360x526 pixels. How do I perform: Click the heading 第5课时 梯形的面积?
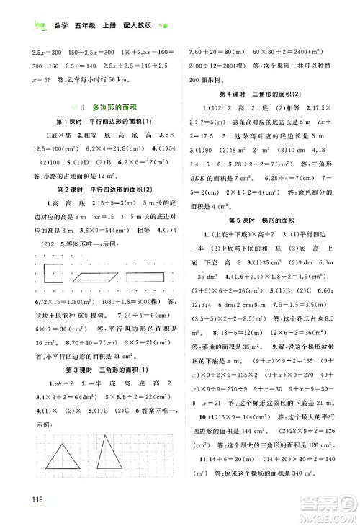(268, 259)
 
